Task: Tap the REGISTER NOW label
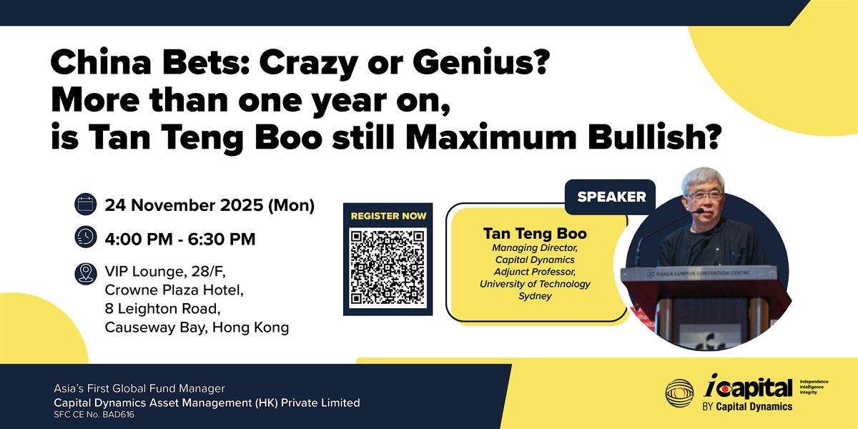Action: coord(389,215)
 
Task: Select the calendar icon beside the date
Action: coord(85,206)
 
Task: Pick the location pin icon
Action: coord(85,272)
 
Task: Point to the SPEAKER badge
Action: coord(611,197)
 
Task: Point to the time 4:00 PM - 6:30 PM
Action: coord(180,239)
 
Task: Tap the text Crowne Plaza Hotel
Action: coord(174,290)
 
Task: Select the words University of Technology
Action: coord(536,284)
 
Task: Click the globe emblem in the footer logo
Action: coord(679,393)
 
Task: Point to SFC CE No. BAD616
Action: coord(94,415)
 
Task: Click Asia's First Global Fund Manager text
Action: coord(139,389)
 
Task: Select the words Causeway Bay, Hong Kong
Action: coord(197,327)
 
